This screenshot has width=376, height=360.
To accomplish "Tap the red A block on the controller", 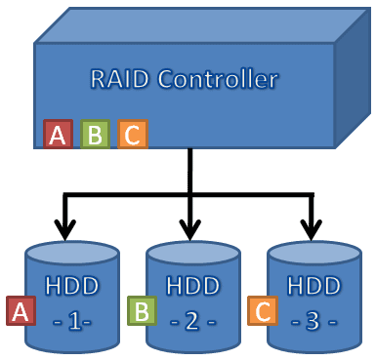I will coord(58,135).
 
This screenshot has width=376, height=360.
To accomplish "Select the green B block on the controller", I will coord(95,135).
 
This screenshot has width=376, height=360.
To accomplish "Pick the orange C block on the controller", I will coord(132,135).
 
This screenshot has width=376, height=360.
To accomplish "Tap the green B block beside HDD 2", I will coord(141,310).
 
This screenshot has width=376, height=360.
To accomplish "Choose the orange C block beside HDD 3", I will coord(261,310).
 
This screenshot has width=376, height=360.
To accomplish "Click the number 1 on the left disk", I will coord(71,320).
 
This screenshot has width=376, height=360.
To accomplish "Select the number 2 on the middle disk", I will coord(192,320).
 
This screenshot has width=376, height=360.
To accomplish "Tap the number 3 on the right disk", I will coord(313,320).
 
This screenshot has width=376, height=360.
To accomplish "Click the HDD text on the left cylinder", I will coord(71,289).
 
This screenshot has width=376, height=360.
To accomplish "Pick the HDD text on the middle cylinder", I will coord(192,289).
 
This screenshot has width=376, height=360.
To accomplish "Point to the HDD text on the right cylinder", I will coord(313,289).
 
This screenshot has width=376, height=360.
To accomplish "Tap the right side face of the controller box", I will coord(353,83).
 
